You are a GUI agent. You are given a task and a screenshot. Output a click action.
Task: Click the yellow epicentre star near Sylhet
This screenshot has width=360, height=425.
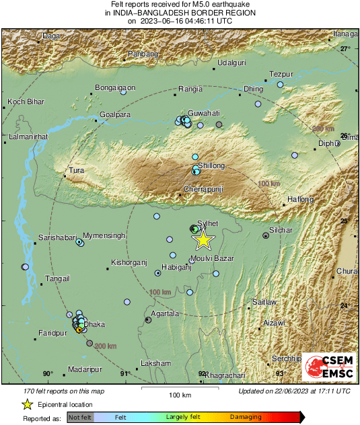point(203,240)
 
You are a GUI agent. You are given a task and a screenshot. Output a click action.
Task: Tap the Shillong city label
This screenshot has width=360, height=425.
point(212,165)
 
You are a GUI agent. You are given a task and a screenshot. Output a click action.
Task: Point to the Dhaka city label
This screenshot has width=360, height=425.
point(94,324)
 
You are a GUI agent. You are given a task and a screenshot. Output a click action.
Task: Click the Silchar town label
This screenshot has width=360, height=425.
point(281,230)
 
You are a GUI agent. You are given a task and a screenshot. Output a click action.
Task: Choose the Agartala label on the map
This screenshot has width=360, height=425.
point(165,313)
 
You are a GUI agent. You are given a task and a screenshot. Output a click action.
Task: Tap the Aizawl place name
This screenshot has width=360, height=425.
point(274,323)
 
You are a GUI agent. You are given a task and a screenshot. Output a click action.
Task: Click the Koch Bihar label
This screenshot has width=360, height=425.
point(25,102)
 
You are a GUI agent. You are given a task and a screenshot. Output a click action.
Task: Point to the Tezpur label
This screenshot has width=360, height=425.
point(281,73)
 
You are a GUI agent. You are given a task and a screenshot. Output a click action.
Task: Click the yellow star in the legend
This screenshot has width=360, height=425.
point(27,404)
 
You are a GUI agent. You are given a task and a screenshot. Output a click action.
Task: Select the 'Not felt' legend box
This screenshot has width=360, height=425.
point(81,418)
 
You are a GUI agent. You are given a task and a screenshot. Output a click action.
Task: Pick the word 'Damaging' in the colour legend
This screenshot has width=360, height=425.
point(246,418)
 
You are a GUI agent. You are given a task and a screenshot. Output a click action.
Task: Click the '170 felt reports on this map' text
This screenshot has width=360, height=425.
point(54,390)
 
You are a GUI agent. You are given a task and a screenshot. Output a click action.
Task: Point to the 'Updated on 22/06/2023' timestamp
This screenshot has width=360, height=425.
point(294,390)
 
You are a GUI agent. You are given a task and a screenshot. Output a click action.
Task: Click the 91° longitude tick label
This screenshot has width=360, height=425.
point(124,374)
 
